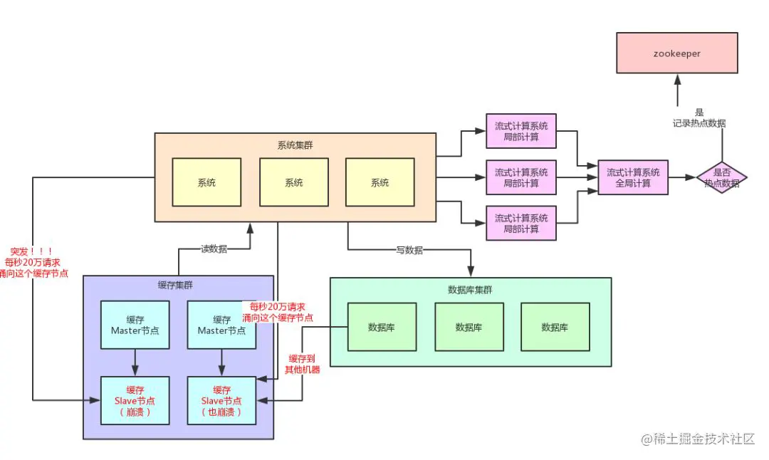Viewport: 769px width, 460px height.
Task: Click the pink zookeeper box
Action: coord(677,53)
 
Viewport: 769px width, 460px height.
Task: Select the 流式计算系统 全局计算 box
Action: coord(633,177)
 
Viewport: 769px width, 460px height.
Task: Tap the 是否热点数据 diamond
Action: coord(721,177)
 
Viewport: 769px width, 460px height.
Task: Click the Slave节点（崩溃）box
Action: coord(135,401)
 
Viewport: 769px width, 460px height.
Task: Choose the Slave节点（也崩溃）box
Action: coord(221,401)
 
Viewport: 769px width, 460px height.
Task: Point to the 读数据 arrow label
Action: coord(214,249)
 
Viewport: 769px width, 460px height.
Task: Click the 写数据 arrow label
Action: coord(409,250)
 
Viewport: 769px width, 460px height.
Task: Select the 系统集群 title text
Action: coord(295,145)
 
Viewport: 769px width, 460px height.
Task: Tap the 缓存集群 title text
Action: coord(175,285)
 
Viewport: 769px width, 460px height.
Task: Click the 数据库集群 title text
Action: coord(470,290)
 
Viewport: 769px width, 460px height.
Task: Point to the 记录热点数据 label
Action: coord(699,123)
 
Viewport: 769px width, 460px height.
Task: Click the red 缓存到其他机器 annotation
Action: coord(302,364)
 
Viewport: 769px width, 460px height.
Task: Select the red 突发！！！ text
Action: coord(31,251)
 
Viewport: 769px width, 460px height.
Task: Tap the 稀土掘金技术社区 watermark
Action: coord(698,439)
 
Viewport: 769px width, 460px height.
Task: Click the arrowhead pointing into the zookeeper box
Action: coord(677,78)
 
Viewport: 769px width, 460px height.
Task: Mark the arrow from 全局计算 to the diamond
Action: coord(682,177)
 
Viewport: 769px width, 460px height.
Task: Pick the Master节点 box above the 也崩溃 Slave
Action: coord(221,325)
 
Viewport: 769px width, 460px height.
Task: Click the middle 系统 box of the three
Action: coord(294,182)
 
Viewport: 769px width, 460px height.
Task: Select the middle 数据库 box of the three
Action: coord(469,327)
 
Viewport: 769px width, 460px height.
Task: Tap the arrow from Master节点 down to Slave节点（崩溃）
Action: coord(135,363)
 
